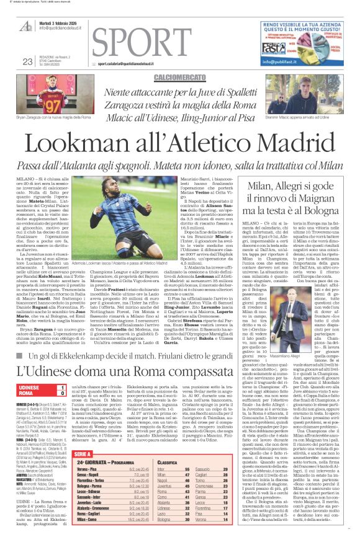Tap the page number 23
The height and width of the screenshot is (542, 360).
[x=27, y=61]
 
